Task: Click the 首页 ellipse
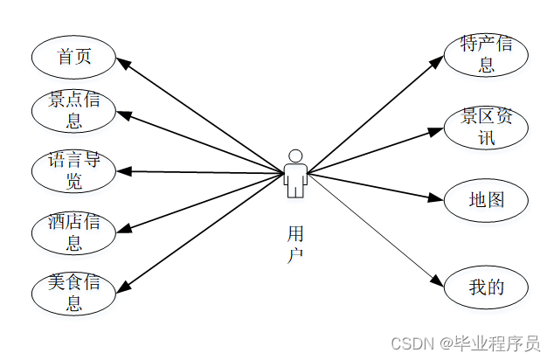74,58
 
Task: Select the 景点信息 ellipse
74,110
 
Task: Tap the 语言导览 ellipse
74,170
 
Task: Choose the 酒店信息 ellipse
74,232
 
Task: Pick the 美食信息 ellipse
74,293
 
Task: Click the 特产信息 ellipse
486,54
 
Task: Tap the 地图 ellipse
486,199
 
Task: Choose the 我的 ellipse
486,287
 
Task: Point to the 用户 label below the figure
295,243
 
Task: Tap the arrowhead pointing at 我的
440,280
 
